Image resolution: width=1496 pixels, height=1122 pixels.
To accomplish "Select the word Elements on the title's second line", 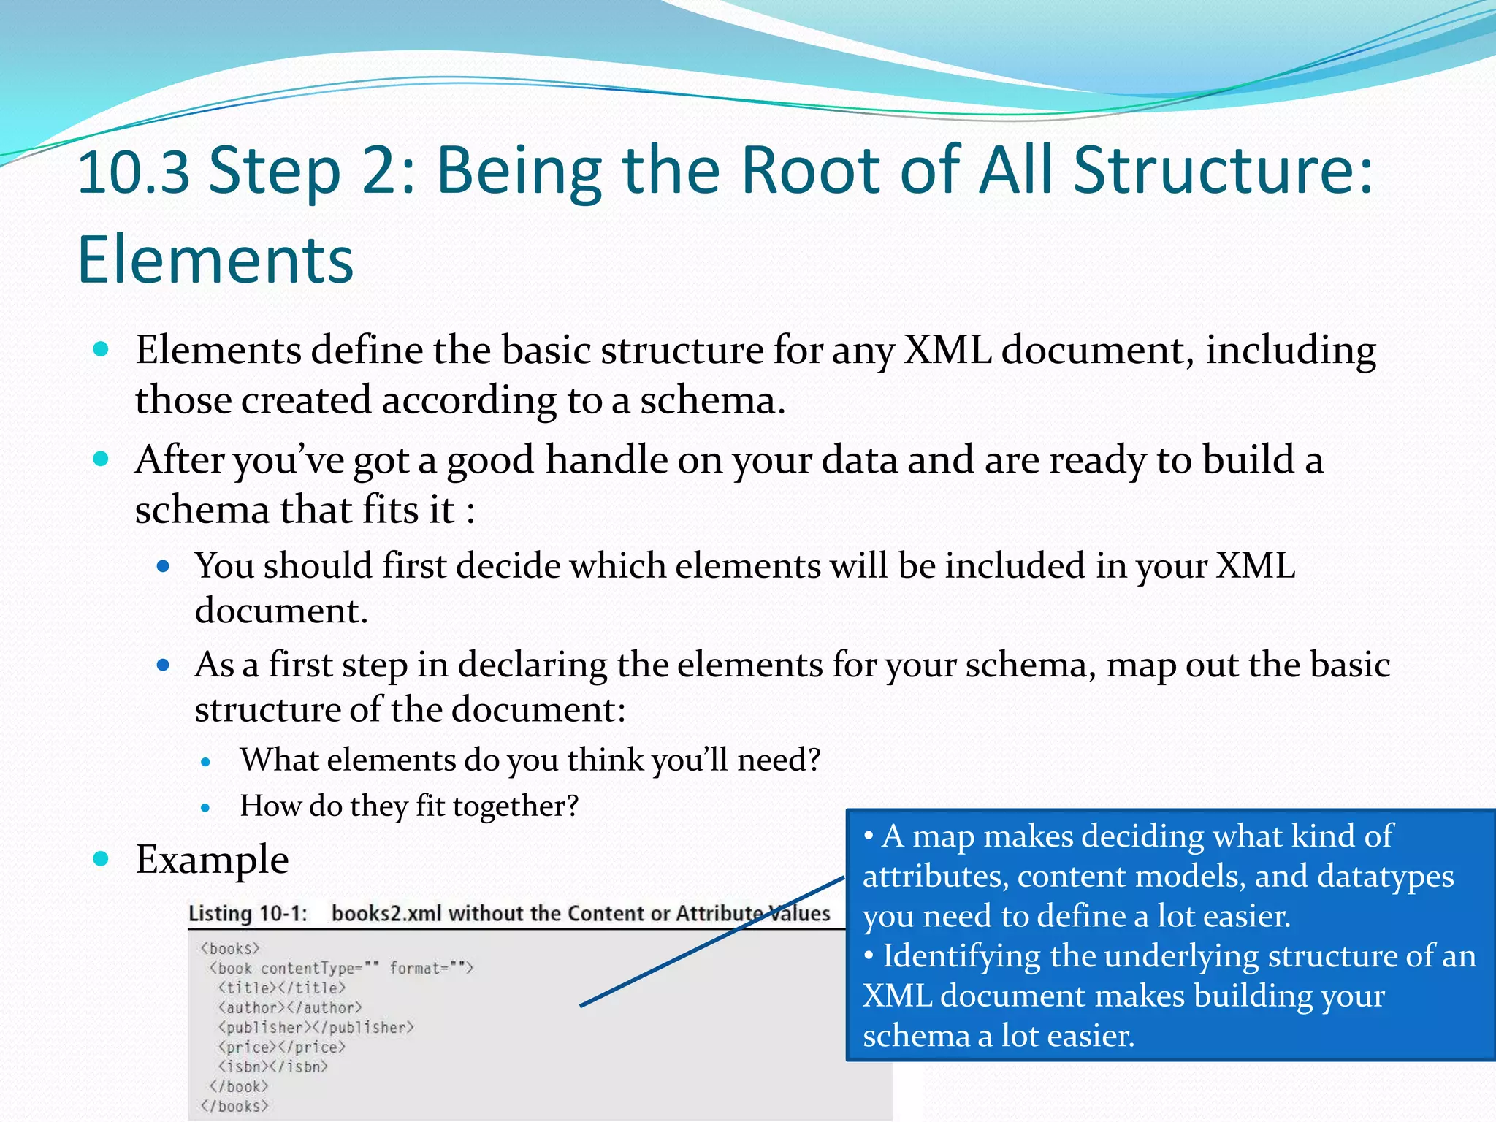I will (x=215, y=260).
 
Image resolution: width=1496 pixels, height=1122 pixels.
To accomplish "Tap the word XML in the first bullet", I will (x=947, y=350).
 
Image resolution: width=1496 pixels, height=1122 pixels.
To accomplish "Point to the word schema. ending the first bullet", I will (x=712, y=401).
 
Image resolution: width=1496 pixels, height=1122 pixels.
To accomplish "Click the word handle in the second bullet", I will (x=606, y=460).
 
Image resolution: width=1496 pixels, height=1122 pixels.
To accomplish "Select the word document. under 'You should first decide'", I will (x=280, y=611).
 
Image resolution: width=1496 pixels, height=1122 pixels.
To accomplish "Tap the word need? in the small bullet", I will (x=779, y=760).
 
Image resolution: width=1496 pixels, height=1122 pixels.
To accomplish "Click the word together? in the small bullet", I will (x=515, y=806).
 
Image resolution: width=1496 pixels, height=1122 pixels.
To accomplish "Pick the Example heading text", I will (x=212, y=860).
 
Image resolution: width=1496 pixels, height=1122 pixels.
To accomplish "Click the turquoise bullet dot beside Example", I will (x=102, y=858).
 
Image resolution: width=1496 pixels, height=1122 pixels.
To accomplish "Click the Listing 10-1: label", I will (x=248, y=914).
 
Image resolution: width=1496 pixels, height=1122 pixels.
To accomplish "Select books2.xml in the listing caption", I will (x=386, y=914).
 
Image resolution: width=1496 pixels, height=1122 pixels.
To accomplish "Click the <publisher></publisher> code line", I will (x=316, y=1028).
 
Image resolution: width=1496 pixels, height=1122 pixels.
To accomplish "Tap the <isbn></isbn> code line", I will (x=272, y=1067).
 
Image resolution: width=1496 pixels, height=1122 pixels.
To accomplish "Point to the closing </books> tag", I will (x=234, y=1107).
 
